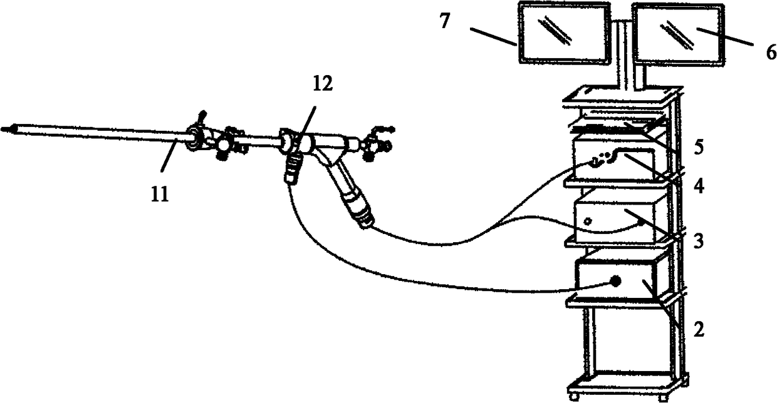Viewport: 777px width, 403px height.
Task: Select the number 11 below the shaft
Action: coord(159,195)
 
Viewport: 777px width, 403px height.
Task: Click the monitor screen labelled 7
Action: coord(563,33)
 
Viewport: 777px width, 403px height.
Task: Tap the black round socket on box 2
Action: coord(617,282)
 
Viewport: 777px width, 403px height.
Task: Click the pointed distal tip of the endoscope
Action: coord(7,130)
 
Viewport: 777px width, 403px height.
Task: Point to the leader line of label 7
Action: coord(493,38)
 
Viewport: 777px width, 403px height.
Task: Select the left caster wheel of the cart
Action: coord(572,395)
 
